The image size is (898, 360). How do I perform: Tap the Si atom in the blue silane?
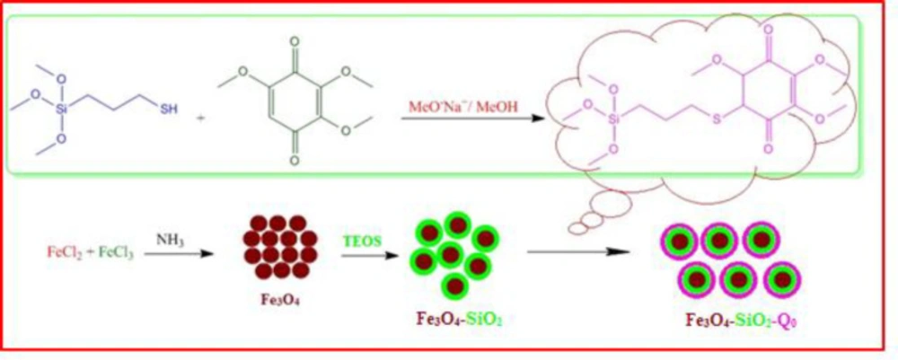(x=63, y=108)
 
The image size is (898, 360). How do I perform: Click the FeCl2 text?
(x=62, y=252)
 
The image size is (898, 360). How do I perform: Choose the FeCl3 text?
(x=116, y=252)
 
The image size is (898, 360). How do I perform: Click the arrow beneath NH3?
(x=179, y=254)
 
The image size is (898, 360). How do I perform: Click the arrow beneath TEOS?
(x=369, y=255)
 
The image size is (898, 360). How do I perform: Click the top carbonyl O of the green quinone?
(x=295, y=42)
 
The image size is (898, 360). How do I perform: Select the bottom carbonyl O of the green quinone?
(x=295, y=161)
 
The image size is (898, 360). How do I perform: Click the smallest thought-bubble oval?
(x=578, y=228)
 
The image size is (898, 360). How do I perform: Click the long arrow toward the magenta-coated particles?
(x=579, y=251)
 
